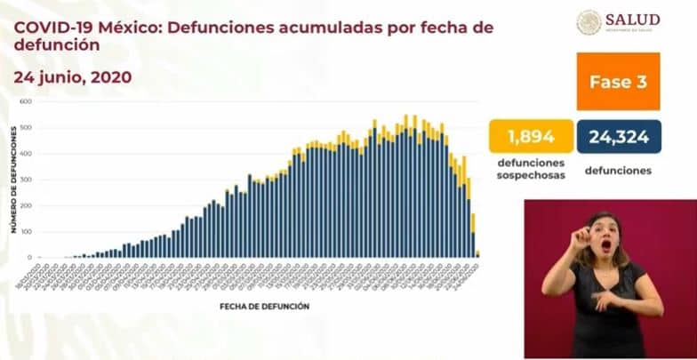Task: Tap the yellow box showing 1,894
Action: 531,137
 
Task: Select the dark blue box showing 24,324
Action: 618,137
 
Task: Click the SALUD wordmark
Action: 632,20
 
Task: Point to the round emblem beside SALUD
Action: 589,22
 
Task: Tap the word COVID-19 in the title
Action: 48,27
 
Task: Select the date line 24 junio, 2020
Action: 73,77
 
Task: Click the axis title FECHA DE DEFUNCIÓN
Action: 264,306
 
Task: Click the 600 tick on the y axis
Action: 27,102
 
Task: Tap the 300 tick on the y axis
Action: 27,180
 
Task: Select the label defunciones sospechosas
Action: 531,170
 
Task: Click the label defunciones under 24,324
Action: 618,171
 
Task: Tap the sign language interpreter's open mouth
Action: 606,244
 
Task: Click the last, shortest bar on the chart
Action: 477,254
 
